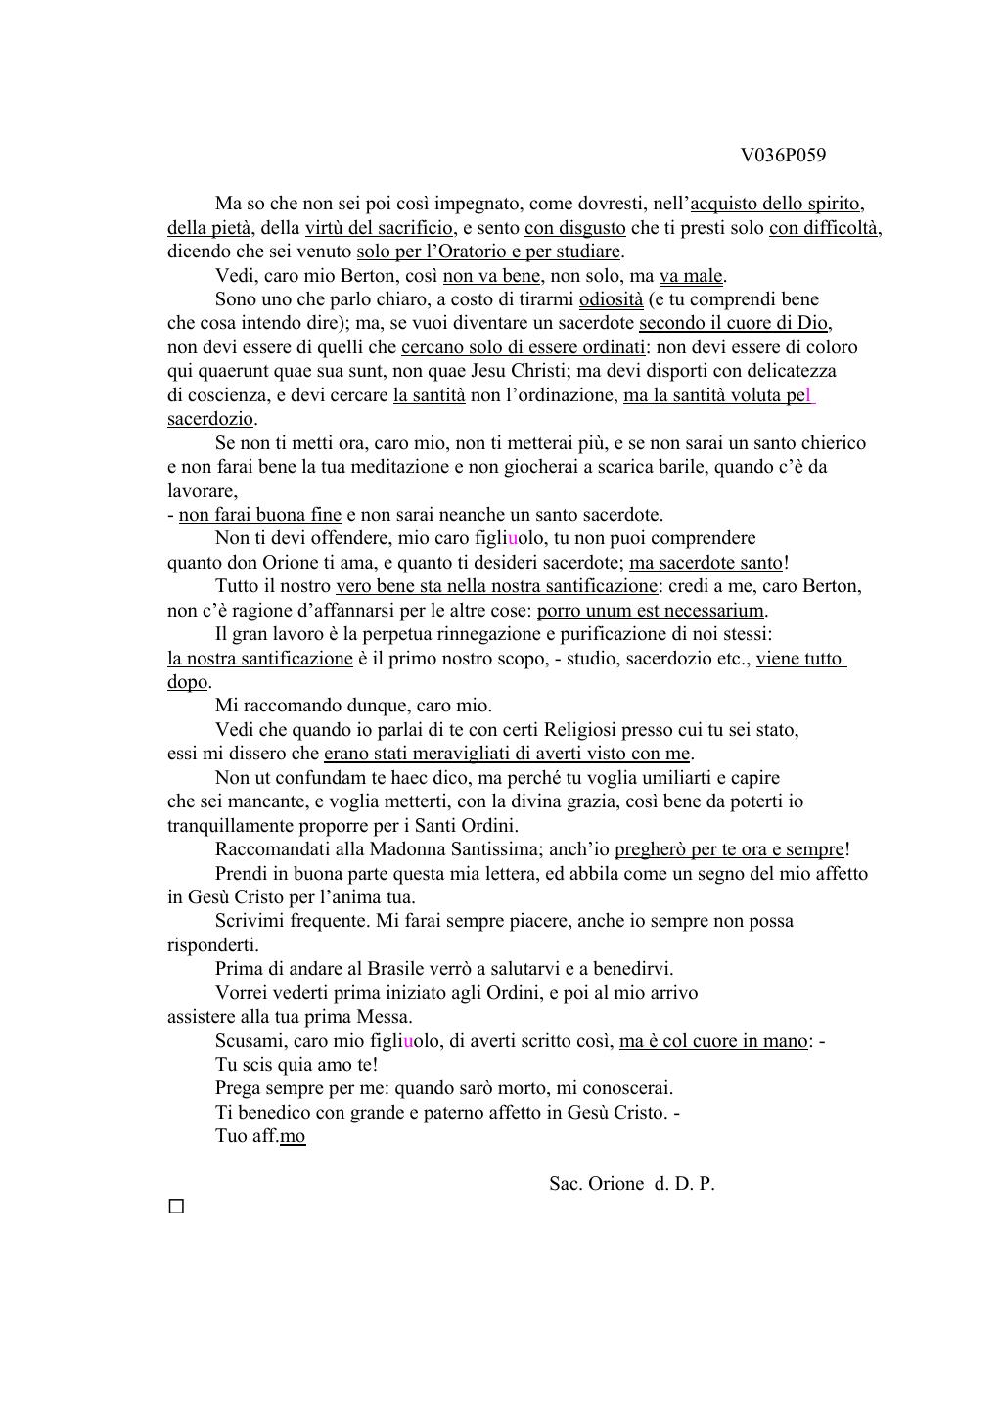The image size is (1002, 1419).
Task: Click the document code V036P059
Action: click(783, 155)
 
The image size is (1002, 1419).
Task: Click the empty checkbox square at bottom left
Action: click(176, 1207)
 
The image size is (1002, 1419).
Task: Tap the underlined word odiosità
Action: click(611, 299)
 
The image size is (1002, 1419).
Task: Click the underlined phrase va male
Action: click(692, 276)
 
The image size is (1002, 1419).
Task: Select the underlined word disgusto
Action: click(589, 228)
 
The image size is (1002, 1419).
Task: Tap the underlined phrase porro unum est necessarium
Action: click(651, 611)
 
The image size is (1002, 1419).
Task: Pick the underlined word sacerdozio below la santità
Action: click(210, 419)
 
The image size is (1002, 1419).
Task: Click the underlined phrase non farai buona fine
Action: click(259, 515)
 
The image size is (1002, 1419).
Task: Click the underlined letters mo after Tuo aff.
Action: click(293, 1136)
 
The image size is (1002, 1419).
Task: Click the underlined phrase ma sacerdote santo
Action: click(706, 563)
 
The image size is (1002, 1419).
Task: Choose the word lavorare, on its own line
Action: click(202, 491)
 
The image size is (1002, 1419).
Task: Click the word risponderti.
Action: click(212, 945)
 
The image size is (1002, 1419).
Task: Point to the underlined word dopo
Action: click(188, 682)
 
